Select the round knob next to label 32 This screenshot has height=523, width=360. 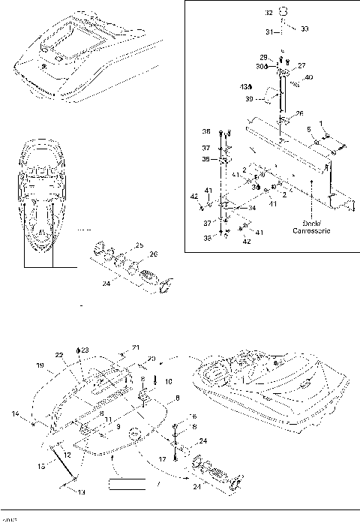coord(284,11)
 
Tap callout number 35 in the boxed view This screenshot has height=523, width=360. coord(207,159)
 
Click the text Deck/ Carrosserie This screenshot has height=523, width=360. coord(307,227)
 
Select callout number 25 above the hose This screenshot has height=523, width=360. coord(139,245)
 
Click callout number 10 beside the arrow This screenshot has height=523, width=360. coord(168,381)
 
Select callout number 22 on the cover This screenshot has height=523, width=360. coord(58,356)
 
